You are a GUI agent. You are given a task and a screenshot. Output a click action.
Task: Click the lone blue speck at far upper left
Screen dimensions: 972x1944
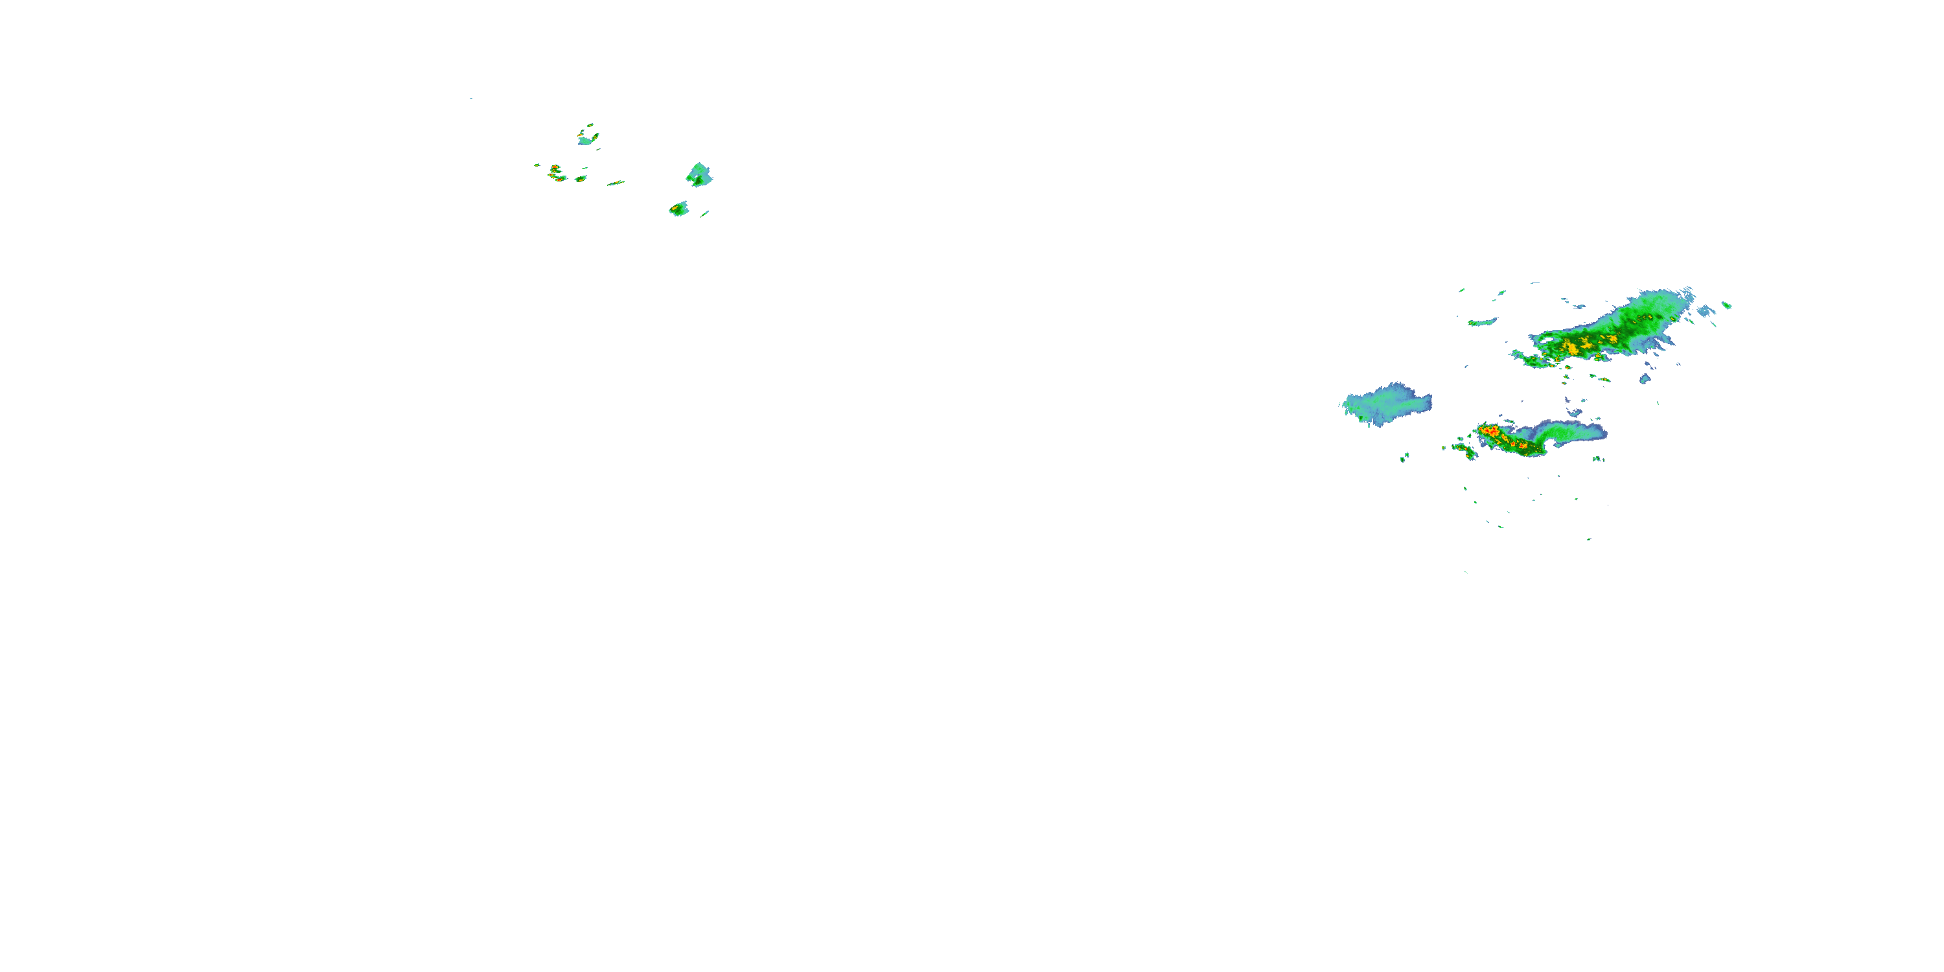pyautogui.click(x=471, y=98)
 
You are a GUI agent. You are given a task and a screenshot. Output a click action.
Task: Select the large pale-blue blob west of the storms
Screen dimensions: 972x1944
pyautogui.click(x=1385, y=404)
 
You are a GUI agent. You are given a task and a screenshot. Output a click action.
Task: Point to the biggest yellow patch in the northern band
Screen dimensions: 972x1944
pyautogui.click(x=1572, y=348)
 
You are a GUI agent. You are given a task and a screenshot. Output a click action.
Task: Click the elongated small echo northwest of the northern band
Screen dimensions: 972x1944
pyautogui.click(x=1481, y=322)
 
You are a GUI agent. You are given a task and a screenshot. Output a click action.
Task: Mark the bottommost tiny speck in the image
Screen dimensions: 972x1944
pyautogui.click(x=1466, y=572)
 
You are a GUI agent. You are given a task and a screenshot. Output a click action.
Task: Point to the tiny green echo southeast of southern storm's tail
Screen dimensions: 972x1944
pyautogui.click(x=1597, y=459)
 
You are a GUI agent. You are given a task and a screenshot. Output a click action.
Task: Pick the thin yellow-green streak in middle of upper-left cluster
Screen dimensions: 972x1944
pyautogui.click(x=616, y=183)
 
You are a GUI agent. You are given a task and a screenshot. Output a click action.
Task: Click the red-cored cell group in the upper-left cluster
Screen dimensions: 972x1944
pyautogui.click(x=556, y=174)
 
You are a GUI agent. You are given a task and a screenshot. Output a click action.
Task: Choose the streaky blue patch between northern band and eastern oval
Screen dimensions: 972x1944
pyautogui.click(x=1704, y=310)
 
